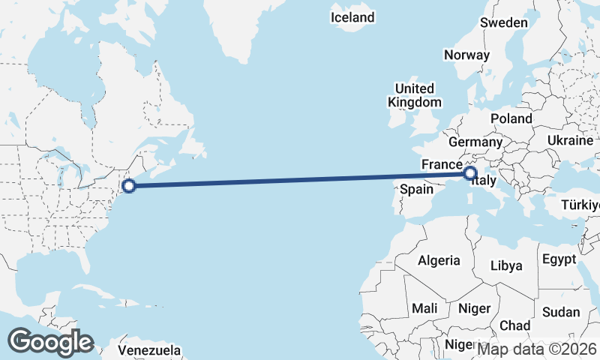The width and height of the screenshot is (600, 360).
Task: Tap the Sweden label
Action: click(x=503, y=23)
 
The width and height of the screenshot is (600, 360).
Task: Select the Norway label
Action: click(x=466, y=55)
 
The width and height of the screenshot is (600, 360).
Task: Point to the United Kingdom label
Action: click(x=415, y=95)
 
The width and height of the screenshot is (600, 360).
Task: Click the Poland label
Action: click(x=511, y=118)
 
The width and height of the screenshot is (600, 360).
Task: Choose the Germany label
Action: click(x=475, y=142)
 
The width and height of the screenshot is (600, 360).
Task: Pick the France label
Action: click(x=440, y=164)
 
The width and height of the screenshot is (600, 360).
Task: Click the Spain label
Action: click(x=416, y=189)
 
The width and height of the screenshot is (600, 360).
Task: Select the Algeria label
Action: click(x=439, y=260)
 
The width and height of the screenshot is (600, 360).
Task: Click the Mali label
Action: click(x=424, y=308)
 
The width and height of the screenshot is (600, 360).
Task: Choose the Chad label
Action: click(x=514, y=325)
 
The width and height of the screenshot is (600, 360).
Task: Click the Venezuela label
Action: click(x=150, y=349)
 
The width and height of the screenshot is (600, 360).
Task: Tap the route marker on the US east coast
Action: click(x=128, y=186)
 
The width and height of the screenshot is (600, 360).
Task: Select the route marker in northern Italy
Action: click(x=470, y=174)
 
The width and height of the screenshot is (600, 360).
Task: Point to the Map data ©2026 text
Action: click(x=536, y=348)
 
